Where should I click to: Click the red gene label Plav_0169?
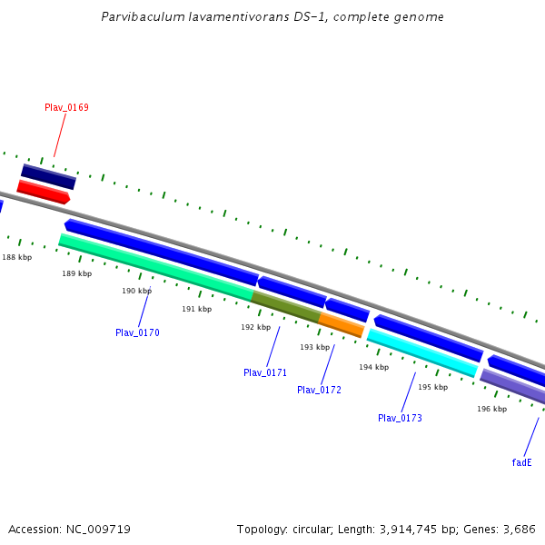(x=66, y=107)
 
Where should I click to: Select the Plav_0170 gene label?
(x=137, y=332)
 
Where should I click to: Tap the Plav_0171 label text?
(x=265, y=372)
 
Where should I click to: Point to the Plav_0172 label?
(x=319, y=390)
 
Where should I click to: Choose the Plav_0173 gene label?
(x=400, y=418)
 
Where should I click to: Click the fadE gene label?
(x=521, y=462)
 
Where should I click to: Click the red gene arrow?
(x=43, y=192)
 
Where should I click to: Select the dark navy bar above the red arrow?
(x=48, y=176)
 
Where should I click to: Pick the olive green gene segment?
(x=285, y=306)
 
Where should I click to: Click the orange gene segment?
(x=342, y=323)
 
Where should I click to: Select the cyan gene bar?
(x=421, y=352)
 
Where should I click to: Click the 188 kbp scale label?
(x=16, y=257)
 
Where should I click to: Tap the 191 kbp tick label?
(x=196, y=309)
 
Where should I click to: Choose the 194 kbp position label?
(x=373, y=367)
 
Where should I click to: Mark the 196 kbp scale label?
(x=491, y=409)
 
